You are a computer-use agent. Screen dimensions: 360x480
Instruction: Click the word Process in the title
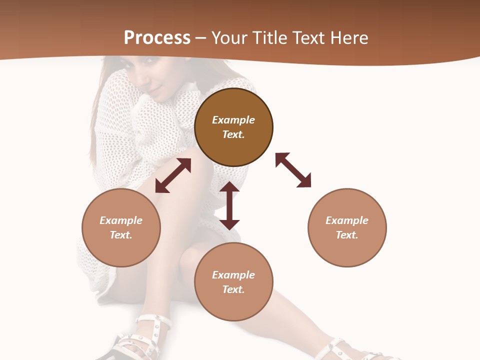[157, 38]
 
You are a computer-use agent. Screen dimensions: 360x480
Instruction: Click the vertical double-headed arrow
[229, 205]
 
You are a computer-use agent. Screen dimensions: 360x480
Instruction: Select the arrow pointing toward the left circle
[173, 175]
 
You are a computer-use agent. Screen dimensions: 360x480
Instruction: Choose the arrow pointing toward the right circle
[293, 170]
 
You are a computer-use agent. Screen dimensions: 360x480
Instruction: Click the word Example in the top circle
[233, 120]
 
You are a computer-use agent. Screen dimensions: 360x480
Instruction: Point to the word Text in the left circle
[121, 235]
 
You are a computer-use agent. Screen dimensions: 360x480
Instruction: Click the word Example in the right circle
[347, 220]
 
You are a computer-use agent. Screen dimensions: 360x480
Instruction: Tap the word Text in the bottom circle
[233, 289]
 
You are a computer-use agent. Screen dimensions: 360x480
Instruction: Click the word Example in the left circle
[121, 220]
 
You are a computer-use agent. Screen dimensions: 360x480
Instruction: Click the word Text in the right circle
[347, 235]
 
